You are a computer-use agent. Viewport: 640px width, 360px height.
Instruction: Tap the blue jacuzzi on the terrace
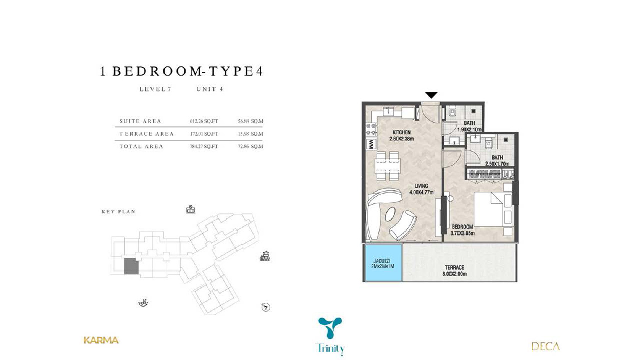(383, 263)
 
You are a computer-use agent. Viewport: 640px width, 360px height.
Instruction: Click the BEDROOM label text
(462, 227)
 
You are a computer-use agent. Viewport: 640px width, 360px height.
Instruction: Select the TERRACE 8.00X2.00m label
(454, 271)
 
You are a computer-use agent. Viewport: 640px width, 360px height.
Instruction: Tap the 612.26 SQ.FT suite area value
(204, 121)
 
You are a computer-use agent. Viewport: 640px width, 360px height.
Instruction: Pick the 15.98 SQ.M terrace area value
(250, 134)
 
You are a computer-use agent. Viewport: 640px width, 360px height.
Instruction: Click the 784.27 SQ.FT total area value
(204, 146)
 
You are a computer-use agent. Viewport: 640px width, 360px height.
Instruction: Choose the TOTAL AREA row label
(141, 146)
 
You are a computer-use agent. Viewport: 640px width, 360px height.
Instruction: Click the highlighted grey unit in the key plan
(131, 266)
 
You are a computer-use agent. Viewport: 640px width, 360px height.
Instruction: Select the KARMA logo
(101, 340)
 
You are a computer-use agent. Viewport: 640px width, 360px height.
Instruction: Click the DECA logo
(545, 346)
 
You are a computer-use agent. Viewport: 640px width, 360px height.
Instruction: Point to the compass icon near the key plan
(266, 307)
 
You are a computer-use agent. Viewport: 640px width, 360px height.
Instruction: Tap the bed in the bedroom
(493, 210)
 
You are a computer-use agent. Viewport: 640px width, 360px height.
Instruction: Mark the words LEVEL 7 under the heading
(155, 89)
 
